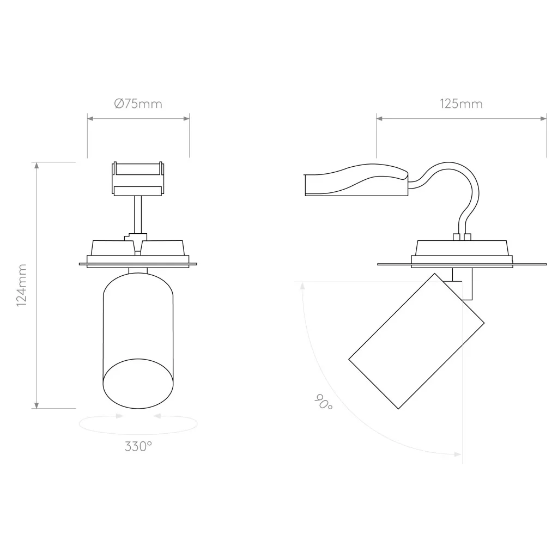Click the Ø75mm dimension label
pos(138,104)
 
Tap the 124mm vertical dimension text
pos(22,286)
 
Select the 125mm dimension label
pos(461,104)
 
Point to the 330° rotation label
pos(138,446)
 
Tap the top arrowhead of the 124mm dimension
pos(37,166)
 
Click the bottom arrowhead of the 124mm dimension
pos(37,405)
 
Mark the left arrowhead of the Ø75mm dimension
pos(91,118)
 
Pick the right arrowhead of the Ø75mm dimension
pos(186,118)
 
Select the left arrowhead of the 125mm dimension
pos(380,118)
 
